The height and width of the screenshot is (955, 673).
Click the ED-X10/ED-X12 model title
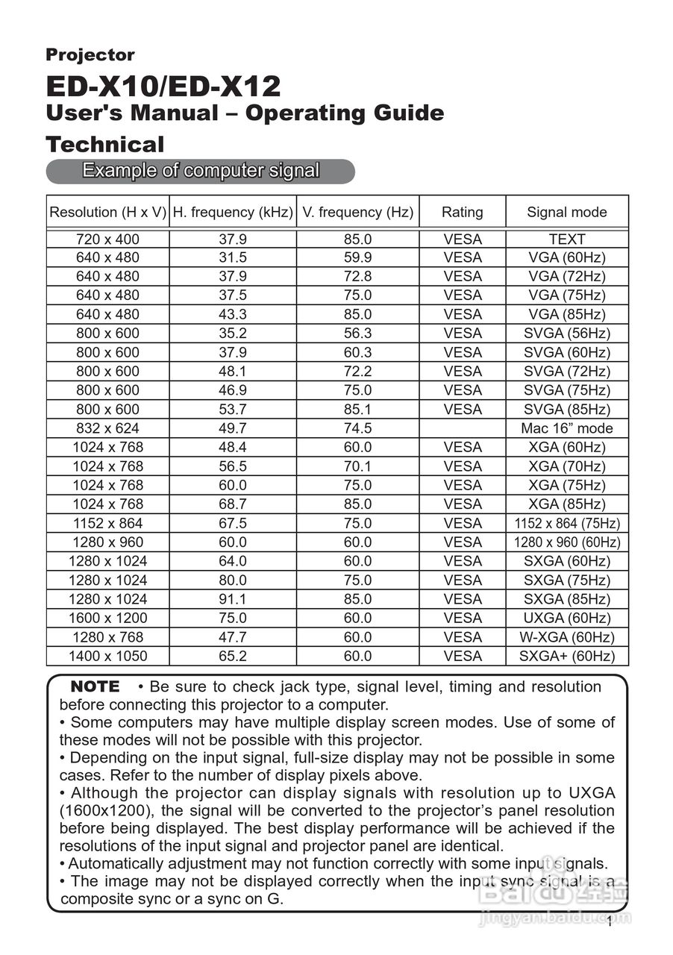coord(163,87)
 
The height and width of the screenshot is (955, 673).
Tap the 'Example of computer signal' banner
coord(200,171)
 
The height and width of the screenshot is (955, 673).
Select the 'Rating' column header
coord(462,212)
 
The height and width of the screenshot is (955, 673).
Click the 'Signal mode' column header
coord(566,212)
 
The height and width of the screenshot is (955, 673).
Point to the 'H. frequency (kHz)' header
coord(233,212)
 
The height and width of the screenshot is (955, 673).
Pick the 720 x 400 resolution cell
coord(107,239)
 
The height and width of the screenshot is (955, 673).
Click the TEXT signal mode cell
coord(566,239)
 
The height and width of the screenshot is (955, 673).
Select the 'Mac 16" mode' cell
coord(566,428)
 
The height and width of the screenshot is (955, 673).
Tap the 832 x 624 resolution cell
coord(107,428)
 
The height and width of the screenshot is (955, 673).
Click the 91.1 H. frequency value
coord(233,599)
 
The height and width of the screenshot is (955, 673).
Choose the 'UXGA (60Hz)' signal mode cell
coord(566,618)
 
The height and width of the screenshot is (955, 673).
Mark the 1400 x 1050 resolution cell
coord(107,656)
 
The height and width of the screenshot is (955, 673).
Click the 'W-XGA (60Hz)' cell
coord(566,637)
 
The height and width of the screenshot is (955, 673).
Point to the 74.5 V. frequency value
coord(357,428)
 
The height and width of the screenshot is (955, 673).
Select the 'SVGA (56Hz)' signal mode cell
coord(566,334)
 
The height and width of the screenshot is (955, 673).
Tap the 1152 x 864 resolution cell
coord(107,523)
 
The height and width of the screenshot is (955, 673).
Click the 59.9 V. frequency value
coord(357,257)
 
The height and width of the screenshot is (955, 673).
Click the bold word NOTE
coord(94,686)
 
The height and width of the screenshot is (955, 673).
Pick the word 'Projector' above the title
coord(90,54)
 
